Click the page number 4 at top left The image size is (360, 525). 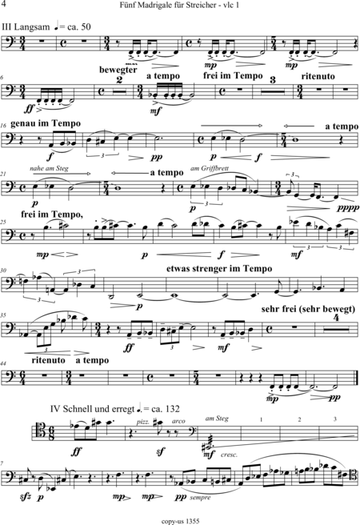(x=4, y=4)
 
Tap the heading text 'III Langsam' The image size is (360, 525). (x=26, y=26)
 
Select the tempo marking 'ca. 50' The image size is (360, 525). (x=79, y=26)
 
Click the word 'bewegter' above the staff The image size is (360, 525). (x=118, y=70)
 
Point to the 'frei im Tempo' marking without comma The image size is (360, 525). (x=233, y=76)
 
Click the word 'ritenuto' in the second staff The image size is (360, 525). (x=318, y=76)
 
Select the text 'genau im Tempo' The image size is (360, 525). (x=46, y=123)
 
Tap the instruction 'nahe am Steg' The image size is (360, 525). (x=49, y=168)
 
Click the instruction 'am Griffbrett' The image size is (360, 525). (x=210, y=168)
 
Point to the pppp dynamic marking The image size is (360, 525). (x=348, y=207)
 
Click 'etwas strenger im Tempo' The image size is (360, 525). (x=219, y=269)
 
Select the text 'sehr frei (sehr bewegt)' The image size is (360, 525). (x=308, y=309)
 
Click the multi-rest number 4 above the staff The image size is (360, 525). (x=337, y=318)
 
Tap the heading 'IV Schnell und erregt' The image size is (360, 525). (x=92, y=409)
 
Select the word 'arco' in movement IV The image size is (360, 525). (x=178, y=421)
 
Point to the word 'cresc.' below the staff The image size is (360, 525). (x=229, y=455)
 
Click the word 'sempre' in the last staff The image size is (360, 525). (x=200, y=498)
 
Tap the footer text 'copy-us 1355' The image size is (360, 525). (x=180, y=521)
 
